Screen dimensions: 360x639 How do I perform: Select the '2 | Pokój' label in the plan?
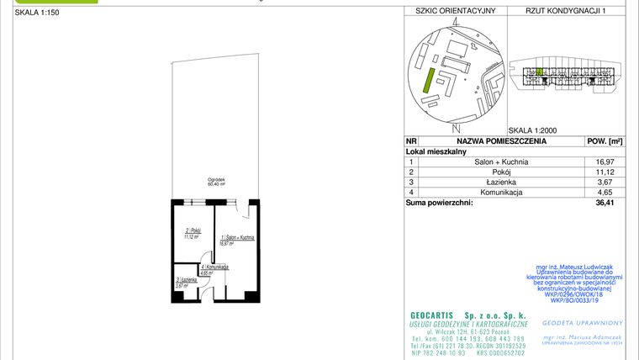tap(193, 231)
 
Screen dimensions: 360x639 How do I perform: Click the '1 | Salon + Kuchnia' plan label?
tap(237, 239)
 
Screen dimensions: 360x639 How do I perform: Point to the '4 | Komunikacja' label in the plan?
tap(214, 267)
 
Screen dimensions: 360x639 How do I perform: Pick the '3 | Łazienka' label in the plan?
tap(186, 281)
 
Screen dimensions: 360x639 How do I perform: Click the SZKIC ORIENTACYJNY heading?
tap(451, 11)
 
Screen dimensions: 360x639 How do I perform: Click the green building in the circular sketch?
tap(429, 82)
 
